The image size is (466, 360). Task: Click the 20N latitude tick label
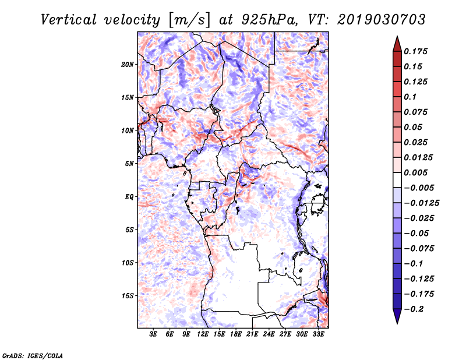[x=127, y=65]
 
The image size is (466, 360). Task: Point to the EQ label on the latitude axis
[x=129, y=197]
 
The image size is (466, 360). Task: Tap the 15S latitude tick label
[x=127, y=296]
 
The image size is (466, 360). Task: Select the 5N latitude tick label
[x=129, y=164]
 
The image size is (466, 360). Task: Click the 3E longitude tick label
[x=153, y=334]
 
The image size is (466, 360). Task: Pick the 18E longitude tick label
[x=236, y=334]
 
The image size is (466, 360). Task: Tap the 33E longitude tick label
[x=318, y=334]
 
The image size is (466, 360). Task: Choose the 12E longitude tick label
[x=203, y=334]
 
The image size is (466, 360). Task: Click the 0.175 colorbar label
[x=415, y=51]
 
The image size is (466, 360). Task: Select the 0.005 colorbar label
[x=415, y=172]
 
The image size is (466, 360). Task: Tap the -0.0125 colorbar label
[x=421, y=203]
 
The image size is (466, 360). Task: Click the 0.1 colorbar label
[x=410, y=97]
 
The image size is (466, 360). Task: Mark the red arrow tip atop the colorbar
[x=397, y=36]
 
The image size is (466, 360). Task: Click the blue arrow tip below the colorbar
[x=397, y=323]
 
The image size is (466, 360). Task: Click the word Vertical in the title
[x=69, y=20]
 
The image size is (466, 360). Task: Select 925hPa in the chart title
[x=269, y=20]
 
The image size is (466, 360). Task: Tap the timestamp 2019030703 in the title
[x=382, y=20]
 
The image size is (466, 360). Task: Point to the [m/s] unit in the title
[x=189, y=20]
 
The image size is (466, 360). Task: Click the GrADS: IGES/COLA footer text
[x=33, y=355]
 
